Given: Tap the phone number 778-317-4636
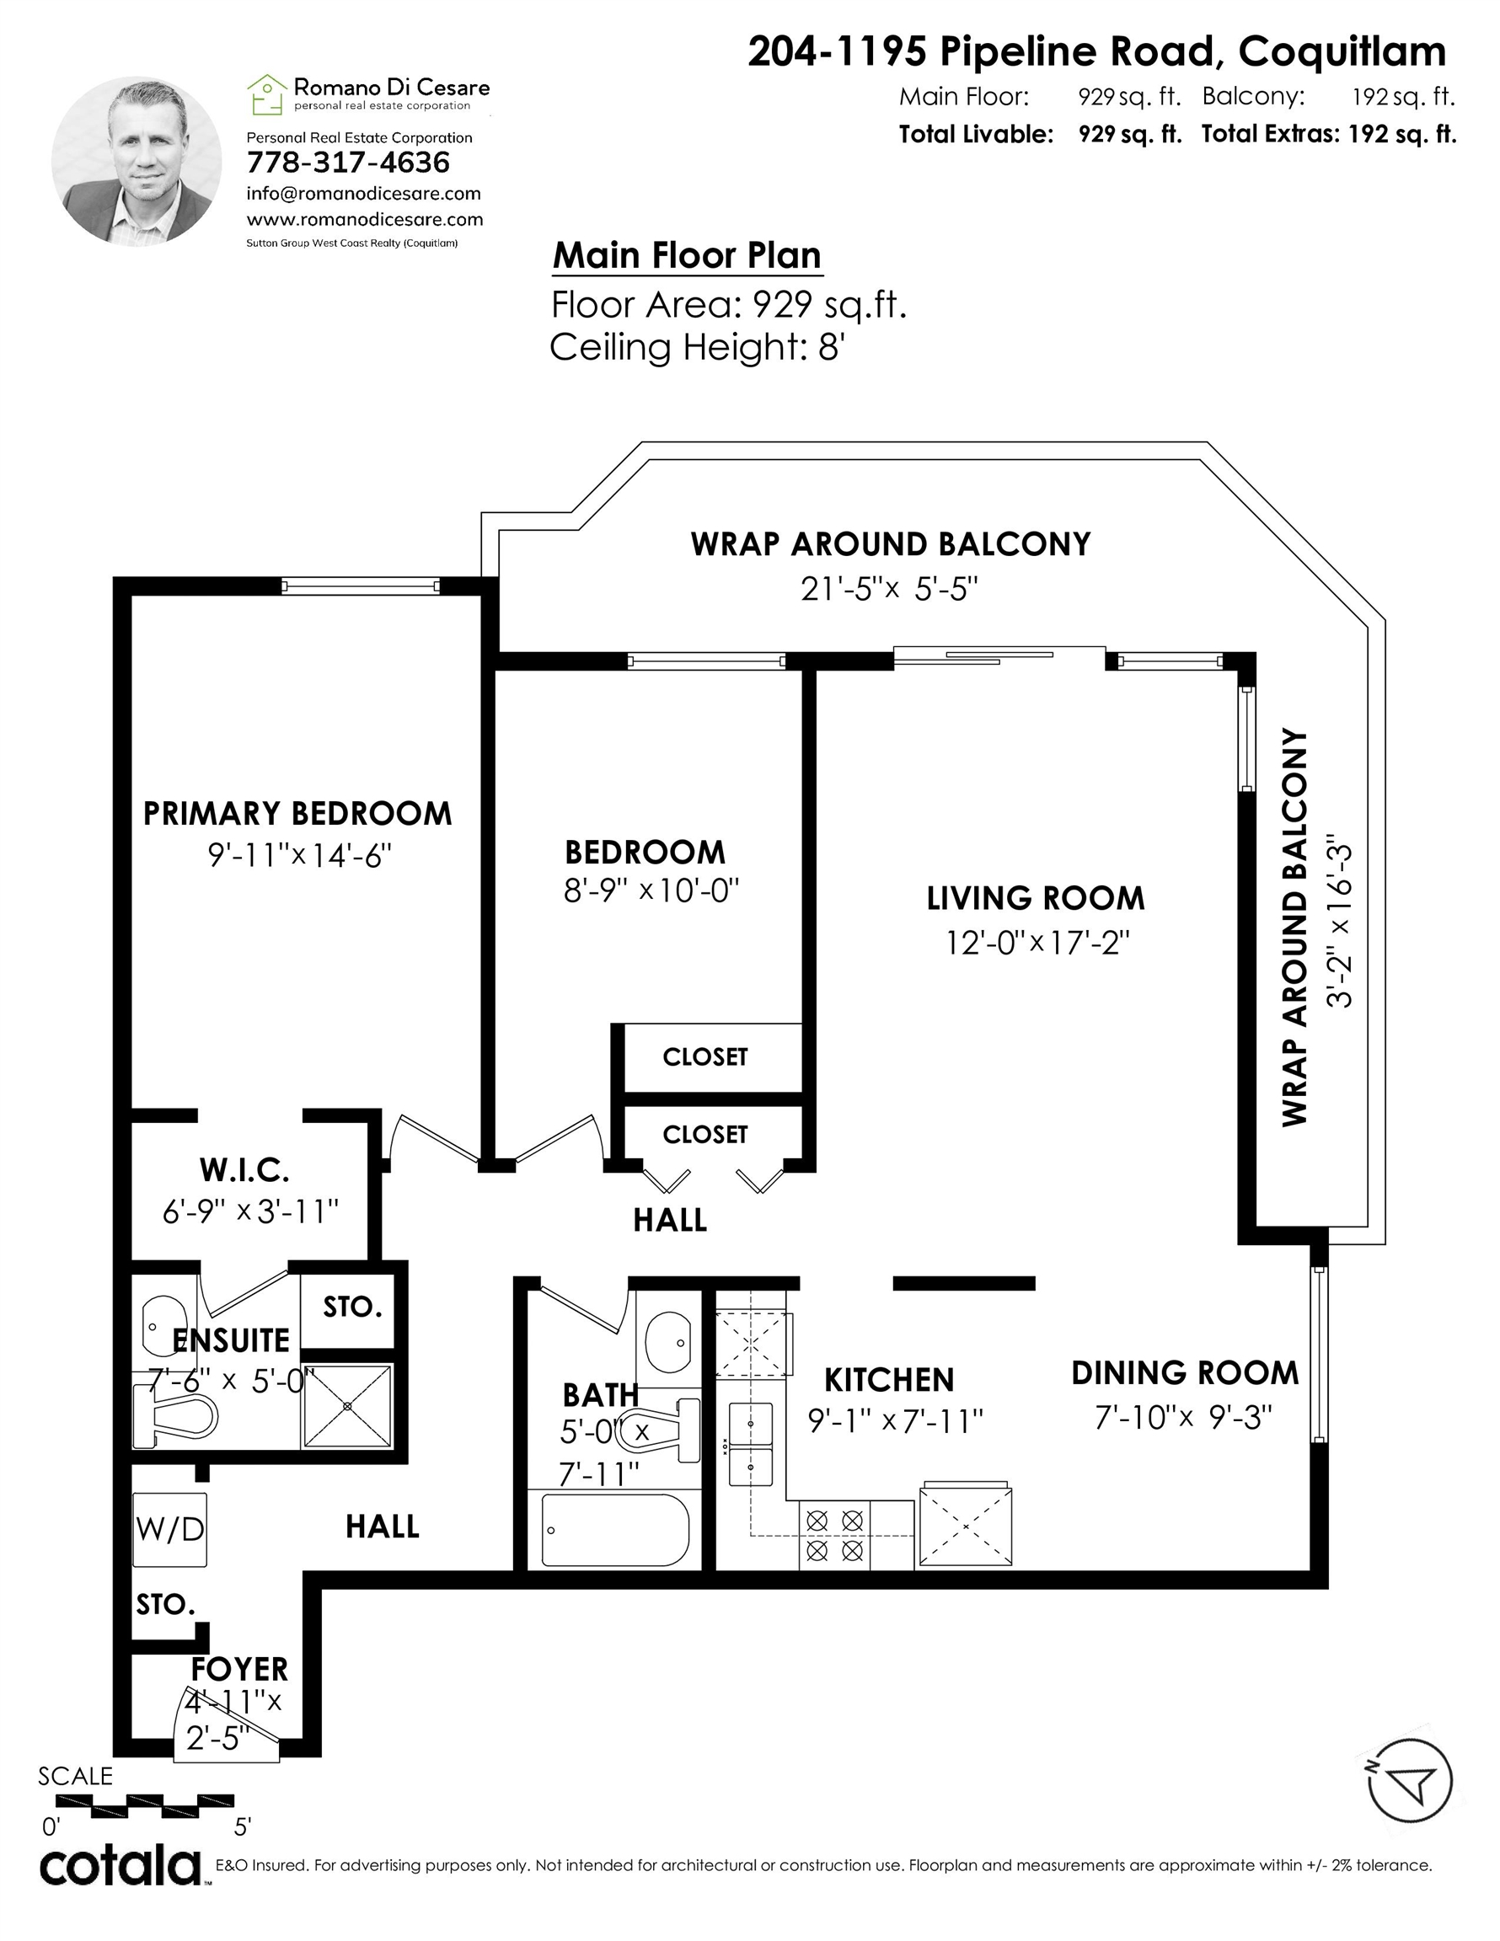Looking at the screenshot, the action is tap(348, 163).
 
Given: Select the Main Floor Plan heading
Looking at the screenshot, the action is tap(687, 255).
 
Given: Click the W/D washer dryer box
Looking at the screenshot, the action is tap(170, 1529).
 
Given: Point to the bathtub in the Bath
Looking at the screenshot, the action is tap(613, 1531).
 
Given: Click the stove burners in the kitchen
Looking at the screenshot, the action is tap(834, 1535).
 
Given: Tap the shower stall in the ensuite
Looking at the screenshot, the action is tap(346, 1405).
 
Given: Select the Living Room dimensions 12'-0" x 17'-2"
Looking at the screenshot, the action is tap(1037, 942).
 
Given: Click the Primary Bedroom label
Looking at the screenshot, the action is tap(297, 813).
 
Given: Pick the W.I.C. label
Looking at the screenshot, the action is tap(244, 1170).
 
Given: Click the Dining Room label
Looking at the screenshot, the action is tap(1184, 1372).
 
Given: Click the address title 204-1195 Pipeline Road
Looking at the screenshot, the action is tap(981, 51).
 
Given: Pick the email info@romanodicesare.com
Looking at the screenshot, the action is tap(364, 194).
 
